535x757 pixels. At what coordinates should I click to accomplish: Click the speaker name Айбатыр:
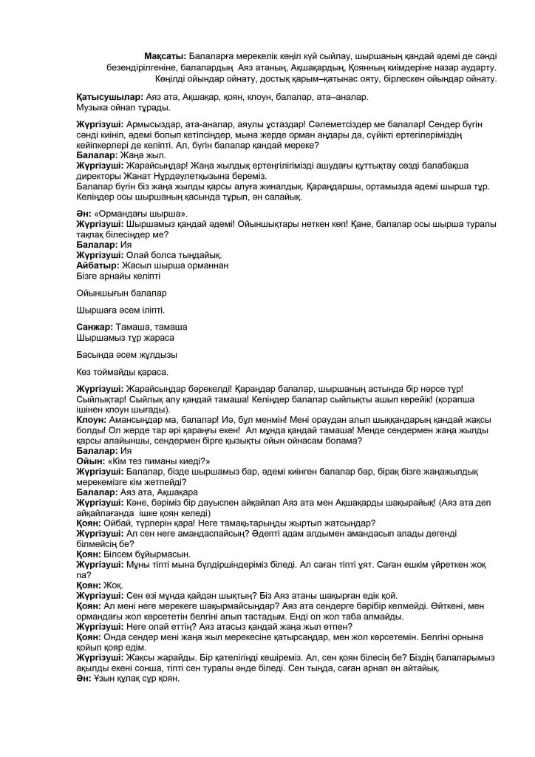[x=99, y=265]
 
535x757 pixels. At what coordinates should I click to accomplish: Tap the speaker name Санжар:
[x=96, y=326]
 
